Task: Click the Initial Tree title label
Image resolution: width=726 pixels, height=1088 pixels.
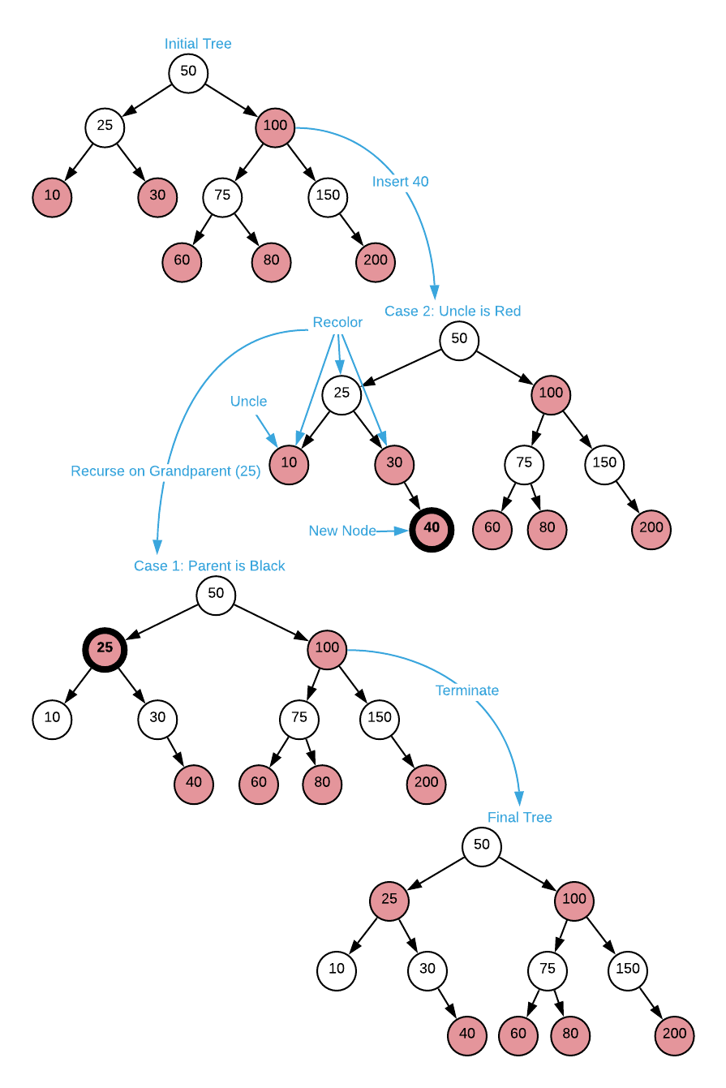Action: point(198,44)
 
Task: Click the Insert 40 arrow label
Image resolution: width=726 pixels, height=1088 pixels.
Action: point(400,182)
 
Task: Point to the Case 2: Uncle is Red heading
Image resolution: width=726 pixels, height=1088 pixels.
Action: point(453,312)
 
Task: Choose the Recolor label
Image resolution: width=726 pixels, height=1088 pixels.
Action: point(337,323)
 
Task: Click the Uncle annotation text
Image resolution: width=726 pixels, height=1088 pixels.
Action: point(248,402)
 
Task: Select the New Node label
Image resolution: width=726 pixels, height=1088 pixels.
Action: point(342,531)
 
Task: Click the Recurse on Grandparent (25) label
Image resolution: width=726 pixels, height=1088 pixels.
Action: point(165,471)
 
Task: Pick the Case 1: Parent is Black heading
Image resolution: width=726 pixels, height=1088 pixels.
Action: point(209,566)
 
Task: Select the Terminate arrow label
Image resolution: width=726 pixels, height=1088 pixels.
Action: point(467,690)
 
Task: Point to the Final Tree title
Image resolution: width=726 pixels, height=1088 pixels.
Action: point(519,818)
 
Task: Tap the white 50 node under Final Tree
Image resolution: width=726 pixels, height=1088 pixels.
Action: point(482,846)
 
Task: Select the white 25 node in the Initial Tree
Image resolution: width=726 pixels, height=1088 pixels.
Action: point(105,127)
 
